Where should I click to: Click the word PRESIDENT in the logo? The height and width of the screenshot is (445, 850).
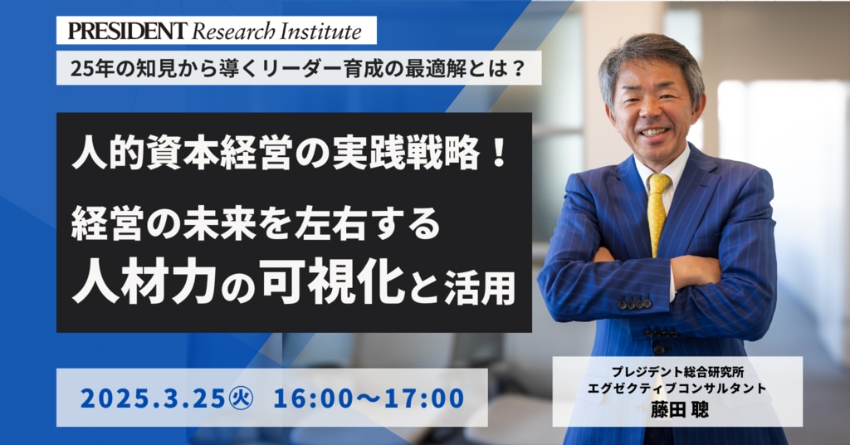[127, 31]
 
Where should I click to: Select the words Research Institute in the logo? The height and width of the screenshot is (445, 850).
[277, 31]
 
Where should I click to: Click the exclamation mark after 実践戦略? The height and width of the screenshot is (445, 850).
[499, 153]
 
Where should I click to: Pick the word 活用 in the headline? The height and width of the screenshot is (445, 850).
[479, 288]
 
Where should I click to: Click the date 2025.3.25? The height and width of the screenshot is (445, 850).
[153, 399]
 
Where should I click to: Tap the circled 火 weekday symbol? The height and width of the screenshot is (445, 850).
[241, 399]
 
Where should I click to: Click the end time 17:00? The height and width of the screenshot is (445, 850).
[424, 399]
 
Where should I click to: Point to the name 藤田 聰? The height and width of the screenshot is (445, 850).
[679, 409]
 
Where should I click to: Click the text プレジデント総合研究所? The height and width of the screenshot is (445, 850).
[677, 373]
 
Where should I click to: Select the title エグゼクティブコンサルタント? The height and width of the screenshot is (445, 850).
[677, 389]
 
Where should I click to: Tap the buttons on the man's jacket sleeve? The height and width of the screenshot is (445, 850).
[634, 305]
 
